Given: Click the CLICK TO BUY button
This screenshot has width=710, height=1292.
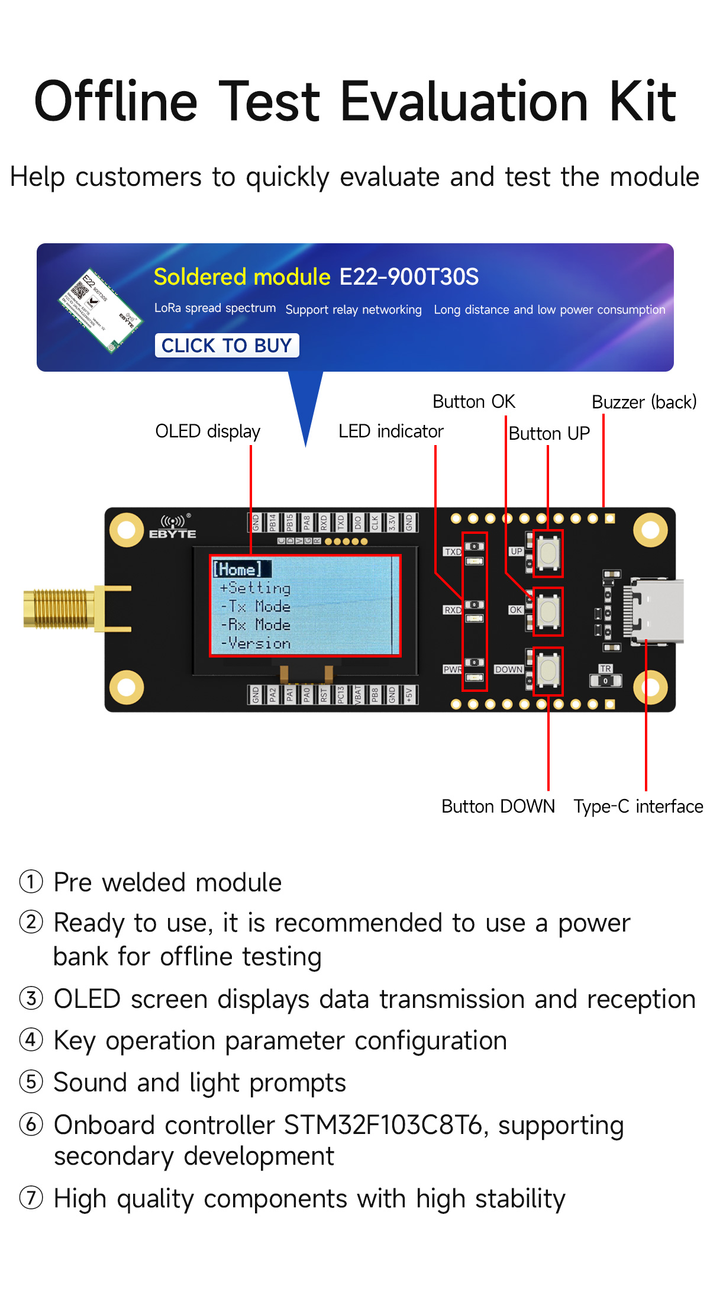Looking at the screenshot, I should (x=227, y=345).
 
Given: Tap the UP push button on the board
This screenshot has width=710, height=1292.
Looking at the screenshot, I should (x=548, y=553).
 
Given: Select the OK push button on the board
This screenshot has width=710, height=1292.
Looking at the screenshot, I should (x=548, y=611).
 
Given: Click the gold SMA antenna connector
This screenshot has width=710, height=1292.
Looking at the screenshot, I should (x=59, y=608).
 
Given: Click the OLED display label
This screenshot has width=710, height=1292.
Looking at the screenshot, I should (x=208, y=431).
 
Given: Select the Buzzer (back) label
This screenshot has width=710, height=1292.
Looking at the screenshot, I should (x=644, y=402).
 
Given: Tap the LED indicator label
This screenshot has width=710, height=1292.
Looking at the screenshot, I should (x=390, y=431).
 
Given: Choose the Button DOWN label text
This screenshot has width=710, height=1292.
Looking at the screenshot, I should (x=498, y=806).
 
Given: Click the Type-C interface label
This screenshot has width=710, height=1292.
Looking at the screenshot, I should (x=638, y=806).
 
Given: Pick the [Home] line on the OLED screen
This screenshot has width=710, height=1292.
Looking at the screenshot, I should (x=238, y=569).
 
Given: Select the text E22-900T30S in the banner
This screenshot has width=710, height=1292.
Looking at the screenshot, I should (x=409, y=277).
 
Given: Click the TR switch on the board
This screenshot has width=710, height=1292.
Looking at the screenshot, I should (x=605, y=681).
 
